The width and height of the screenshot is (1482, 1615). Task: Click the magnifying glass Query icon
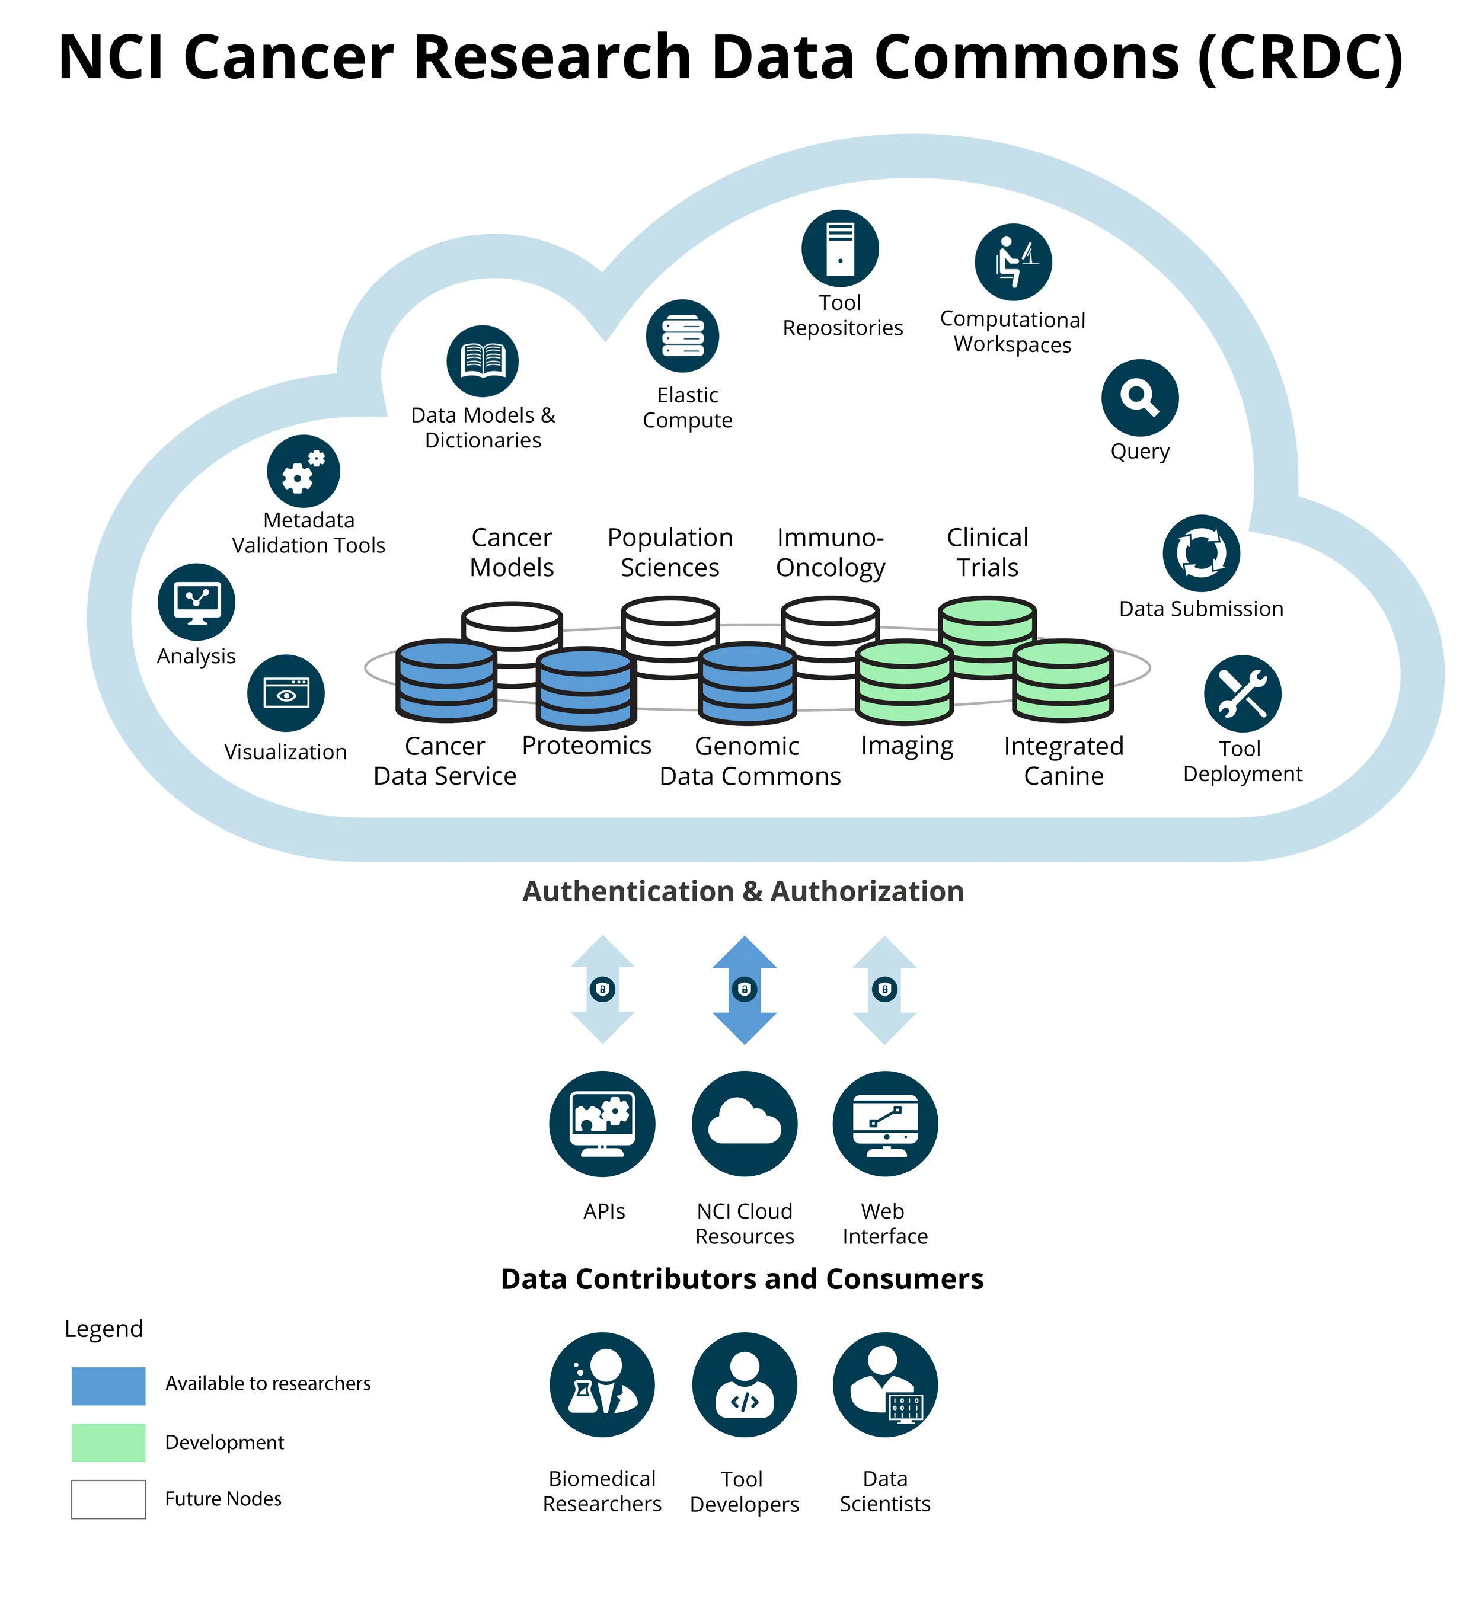pos(1139,398)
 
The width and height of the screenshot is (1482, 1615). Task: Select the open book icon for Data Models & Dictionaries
pos(482,361)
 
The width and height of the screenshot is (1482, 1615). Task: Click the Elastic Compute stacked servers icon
pos(682,336)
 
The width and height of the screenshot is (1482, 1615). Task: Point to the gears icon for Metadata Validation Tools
pos(303,472)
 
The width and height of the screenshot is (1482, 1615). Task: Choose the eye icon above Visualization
pos(286,693)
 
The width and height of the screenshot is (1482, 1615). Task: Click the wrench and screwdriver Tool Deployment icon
pos(1243,693)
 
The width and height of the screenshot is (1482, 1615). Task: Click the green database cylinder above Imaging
pos(905,682)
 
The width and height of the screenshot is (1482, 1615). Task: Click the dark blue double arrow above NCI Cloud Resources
pos(744,990)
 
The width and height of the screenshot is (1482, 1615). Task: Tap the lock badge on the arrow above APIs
pos(602,990)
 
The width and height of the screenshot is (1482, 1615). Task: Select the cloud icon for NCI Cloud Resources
pos(744,1124)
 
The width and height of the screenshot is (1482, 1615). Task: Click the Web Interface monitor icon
pos(884,1124)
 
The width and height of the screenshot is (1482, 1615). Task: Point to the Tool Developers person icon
pos(744,1385)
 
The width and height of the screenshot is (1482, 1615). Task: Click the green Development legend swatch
pos(108,1443)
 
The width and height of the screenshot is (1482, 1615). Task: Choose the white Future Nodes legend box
pos(108,1499)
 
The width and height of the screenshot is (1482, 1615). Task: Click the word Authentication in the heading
pos(628,892)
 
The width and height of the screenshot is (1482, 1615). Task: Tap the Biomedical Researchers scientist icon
pos(602,1385)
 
